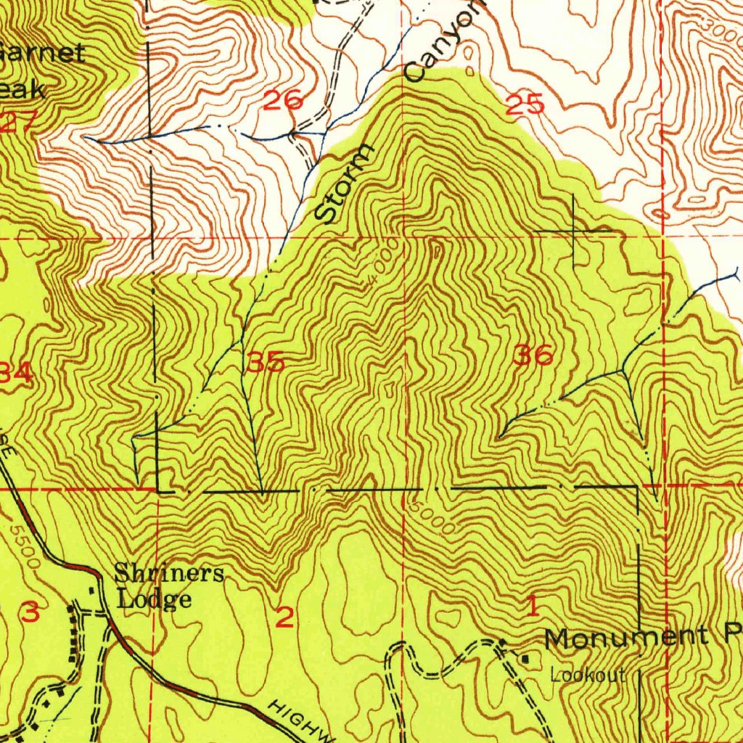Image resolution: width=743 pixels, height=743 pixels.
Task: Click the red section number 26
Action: [282, 100]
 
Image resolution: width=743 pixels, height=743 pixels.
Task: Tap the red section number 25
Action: [525, 105]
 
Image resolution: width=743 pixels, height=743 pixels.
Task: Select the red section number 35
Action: [265, 362]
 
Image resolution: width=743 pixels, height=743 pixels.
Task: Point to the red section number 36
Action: [533, 356]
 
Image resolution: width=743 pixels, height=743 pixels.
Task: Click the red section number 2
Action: [284, 617]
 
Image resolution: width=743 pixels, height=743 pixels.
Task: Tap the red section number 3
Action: [30, 612]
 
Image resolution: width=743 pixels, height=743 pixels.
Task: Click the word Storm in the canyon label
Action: [346, 184]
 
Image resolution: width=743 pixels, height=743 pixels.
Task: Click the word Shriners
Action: [169, 574]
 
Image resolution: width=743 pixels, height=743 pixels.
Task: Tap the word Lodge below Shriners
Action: [154, 599]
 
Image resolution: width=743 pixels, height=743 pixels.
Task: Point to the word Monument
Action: [626, 638]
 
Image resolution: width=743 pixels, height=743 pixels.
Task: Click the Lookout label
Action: [588, 676]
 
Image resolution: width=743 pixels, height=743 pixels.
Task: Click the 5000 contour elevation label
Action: [432, 517]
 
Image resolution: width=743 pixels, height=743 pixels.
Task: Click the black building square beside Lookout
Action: [526, 657]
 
